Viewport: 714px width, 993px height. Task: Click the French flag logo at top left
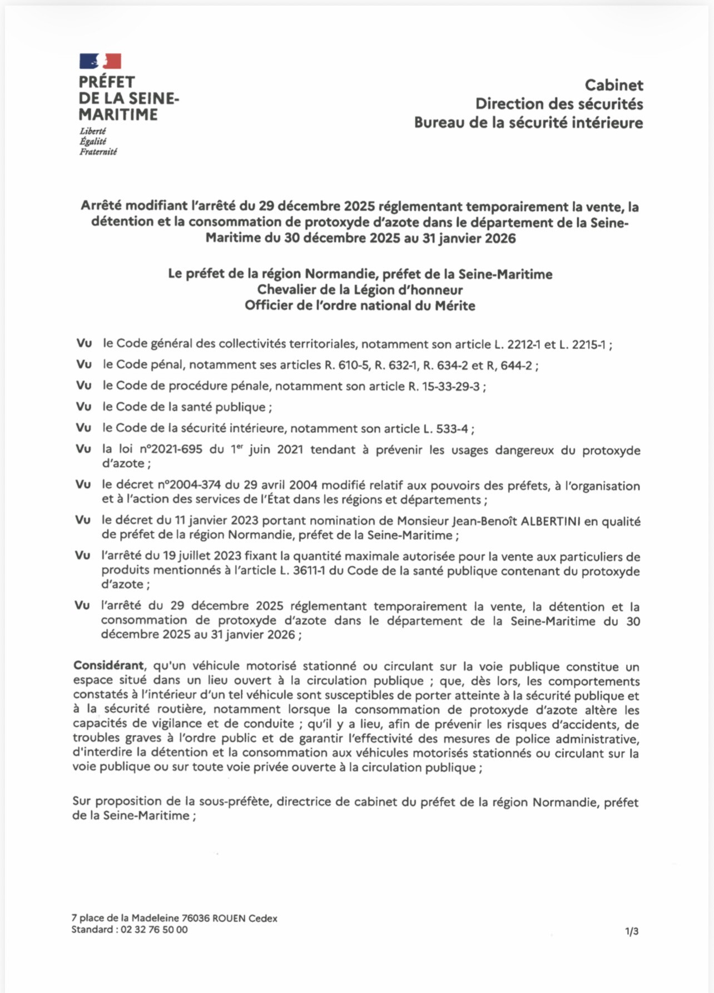(100, 61)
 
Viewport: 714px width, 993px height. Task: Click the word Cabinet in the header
(614, 85)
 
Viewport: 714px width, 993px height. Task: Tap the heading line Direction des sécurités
(559, 104)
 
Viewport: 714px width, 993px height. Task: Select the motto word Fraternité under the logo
(98, 152)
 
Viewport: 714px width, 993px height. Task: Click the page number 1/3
(632, 931)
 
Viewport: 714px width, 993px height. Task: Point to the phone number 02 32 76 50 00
(155, 930)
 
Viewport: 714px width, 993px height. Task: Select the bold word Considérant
(108, 666)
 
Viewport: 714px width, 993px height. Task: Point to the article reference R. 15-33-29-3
(444, 387)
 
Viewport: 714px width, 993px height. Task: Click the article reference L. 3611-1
(303, 571)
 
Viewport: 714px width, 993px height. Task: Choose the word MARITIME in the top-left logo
(118, 115)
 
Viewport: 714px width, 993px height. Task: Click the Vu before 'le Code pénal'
(84, 365)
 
